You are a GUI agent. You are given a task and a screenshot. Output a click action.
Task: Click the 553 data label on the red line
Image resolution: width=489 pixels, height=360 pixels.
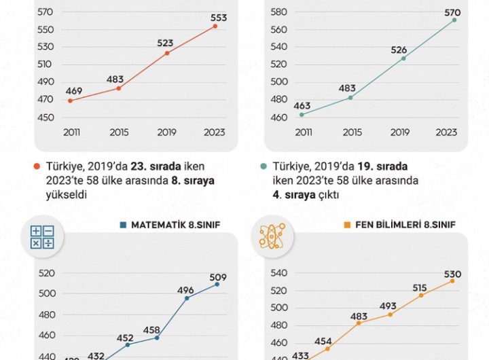tap(219, 18)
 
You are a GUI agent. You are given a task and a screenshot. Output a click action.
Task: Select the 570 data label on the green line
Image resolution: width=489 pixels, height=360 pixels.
tap(452, 12)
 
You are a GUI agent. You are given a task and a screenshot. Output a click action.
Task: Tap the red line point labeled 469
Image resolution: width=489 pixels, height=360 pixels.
tap(70, 101)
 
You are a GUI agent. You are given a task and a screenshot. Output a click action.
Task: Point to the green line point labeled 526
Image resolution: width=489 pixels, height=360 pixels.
tap(403, 58)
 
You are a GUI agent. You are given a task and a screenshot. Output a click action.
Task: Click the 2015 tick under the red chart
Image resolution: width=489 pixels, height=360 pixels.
tap(119, 132)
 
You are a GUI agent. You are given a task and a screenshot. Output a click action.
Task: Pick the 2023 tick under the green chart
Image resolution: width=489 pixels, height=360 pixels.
tap(446, 132)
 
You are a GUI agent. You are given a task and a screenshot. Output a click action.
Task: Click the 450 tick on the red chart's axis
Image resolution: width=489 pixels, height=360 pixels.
tap(46, 118)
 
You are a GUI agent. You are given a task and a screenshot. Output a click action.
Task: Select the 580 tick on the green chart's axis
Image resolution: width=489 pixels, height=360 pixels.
tap(278, 12)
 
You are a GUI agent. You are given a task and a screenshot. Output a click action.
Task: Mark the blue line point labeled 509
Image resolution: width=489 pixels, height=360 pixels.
tap(217, 284)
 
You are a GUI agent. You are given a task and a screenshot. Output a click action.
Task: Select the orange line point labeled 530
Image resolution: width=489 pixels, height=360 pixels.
tap(452, 281)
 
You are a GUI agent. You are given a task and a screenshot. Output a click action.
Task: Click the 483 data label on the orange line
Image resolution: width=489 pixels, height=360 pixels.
tap(359, 317)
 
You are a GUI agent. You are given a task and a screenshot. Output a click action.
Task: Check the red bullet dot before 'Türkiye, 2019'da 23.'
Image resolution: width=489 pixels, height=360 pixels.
tap(37, 166)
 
